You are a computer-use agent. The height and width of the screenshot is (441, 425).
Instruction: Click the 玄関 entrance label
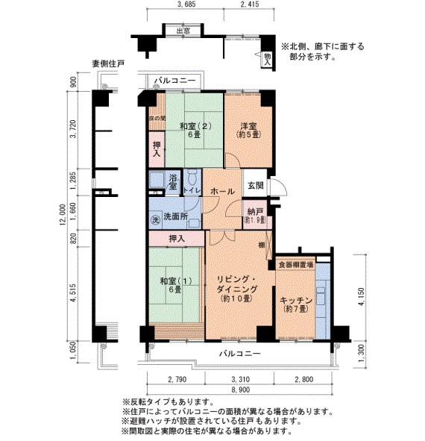coord(255,185)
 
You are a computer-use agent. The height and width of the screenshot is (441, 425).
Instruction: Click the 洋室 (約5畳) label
coord(248,131)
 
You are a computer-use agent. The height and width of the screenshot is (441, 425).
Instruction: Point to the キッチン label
coord(295,304)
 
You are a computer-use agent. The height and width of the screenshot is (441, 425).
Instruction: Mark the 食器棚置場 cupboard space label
coord(296,264)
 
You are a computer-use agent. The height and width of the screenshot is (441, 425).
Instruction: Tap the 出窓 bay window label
coord(177,31)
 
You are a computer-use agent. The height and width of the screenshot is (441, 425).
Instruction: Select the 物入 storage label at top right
coord(267,60)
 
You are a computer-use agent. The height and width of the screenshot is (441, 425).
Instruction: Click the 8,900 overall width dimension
coord(240,390)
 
